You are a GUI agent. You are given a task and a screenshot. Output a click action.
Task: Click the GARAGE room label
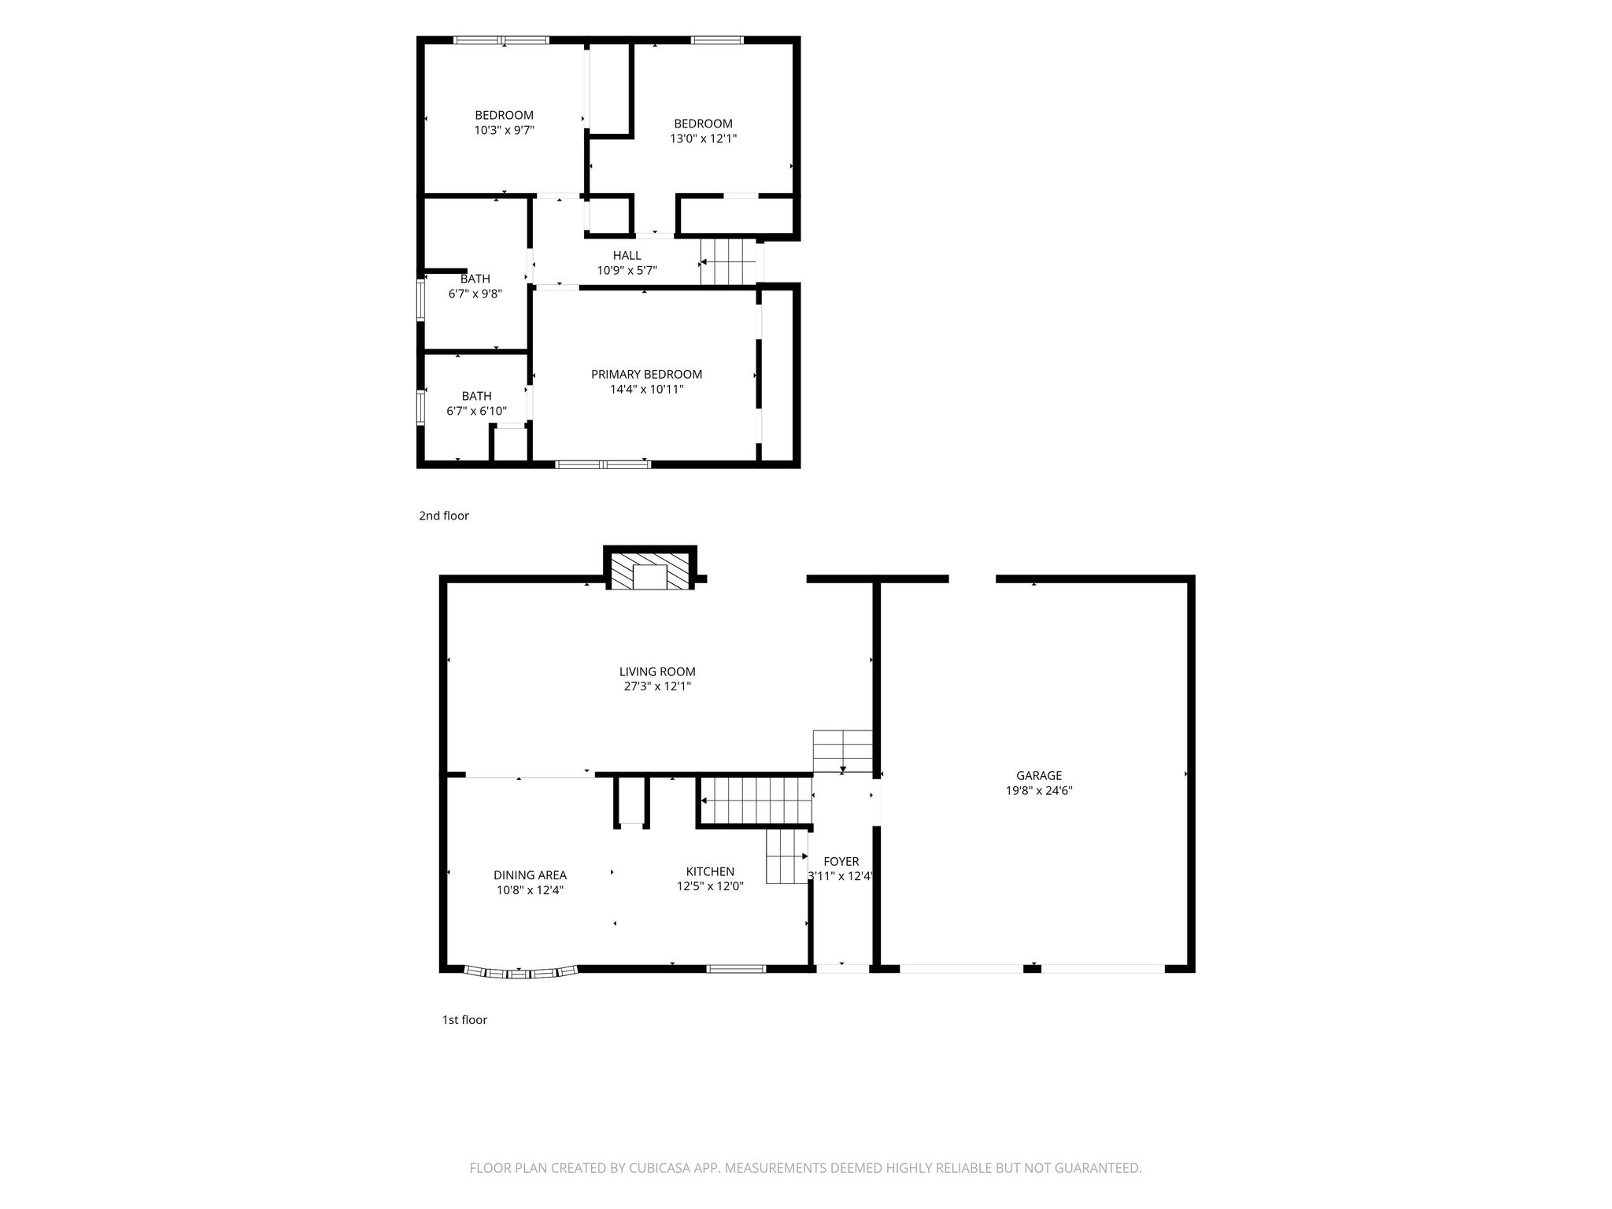(x=1039, y=775)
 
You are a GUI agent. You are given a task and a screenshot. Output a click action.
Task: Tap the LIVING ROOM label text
(x=657, y=671)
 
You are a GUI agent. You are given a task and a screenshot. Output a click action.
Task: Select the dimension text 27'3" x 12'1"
(x=657, y=686)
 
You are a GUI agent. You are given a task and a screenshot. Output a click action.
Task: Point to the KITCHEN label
(x=710, y=871)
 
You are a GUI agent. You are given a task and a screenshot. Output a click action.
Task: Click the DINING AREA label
(x=530, y=875)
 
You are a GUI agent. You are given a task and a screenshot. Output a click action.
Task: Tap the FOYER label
(x=841, y=862)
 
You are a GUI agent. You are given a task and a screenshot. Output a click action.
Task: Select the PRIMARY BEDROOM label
(x=646, y=375)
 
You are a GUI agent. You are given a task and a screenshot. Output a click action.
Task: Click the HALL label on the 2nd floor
(x=627, y=255)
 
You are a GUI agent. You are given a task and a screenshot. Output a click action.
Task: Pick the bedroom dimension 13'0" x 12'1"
(x=703, y=139)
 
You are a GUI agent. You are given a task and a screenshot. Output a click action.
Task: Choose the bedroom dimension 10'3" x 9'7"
(x=504, y=130)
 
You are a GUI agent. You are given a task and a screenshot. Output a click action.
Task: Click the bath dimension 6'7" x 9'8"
(x=475, y=294)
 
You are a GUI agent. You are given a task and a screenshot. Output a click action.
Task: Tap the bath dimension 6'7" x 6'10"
(x=476, y=411)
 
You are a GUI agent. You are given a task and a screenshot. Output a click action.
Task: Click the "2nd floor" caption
(x=443, y=516)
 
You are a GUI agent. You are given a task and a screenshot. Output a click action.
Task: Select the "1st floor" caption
(x=464, y=1019)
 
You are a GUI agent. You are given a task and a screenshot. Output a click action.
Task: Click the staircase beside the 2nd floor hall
(x=728, y=261)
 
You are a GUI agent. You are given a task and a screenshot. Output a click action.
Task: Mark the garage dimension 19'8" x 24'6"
(x=1039, y=790)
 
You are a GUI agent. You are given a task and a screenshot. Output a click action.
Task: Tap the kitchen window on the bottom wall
(x=736, y=969)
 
